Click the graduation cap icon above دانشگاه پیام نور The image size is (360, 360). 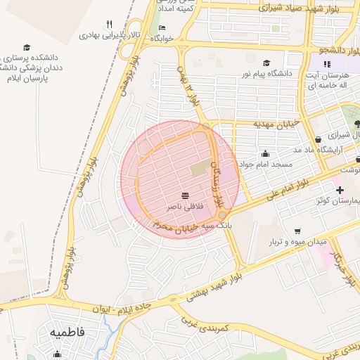point(266,62)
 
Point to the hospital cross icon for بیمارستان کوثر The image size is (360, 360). point(340,190)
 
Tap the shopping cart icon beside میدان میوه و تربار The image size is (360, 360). point(297,231)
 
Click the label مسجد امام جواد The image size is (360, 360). point(266,164)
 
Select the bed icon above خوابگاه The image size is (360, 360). point(162,27)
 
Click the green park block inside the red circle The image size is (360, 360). point(200,169)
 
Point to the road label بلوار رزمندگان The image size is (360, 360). point(215,179)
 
